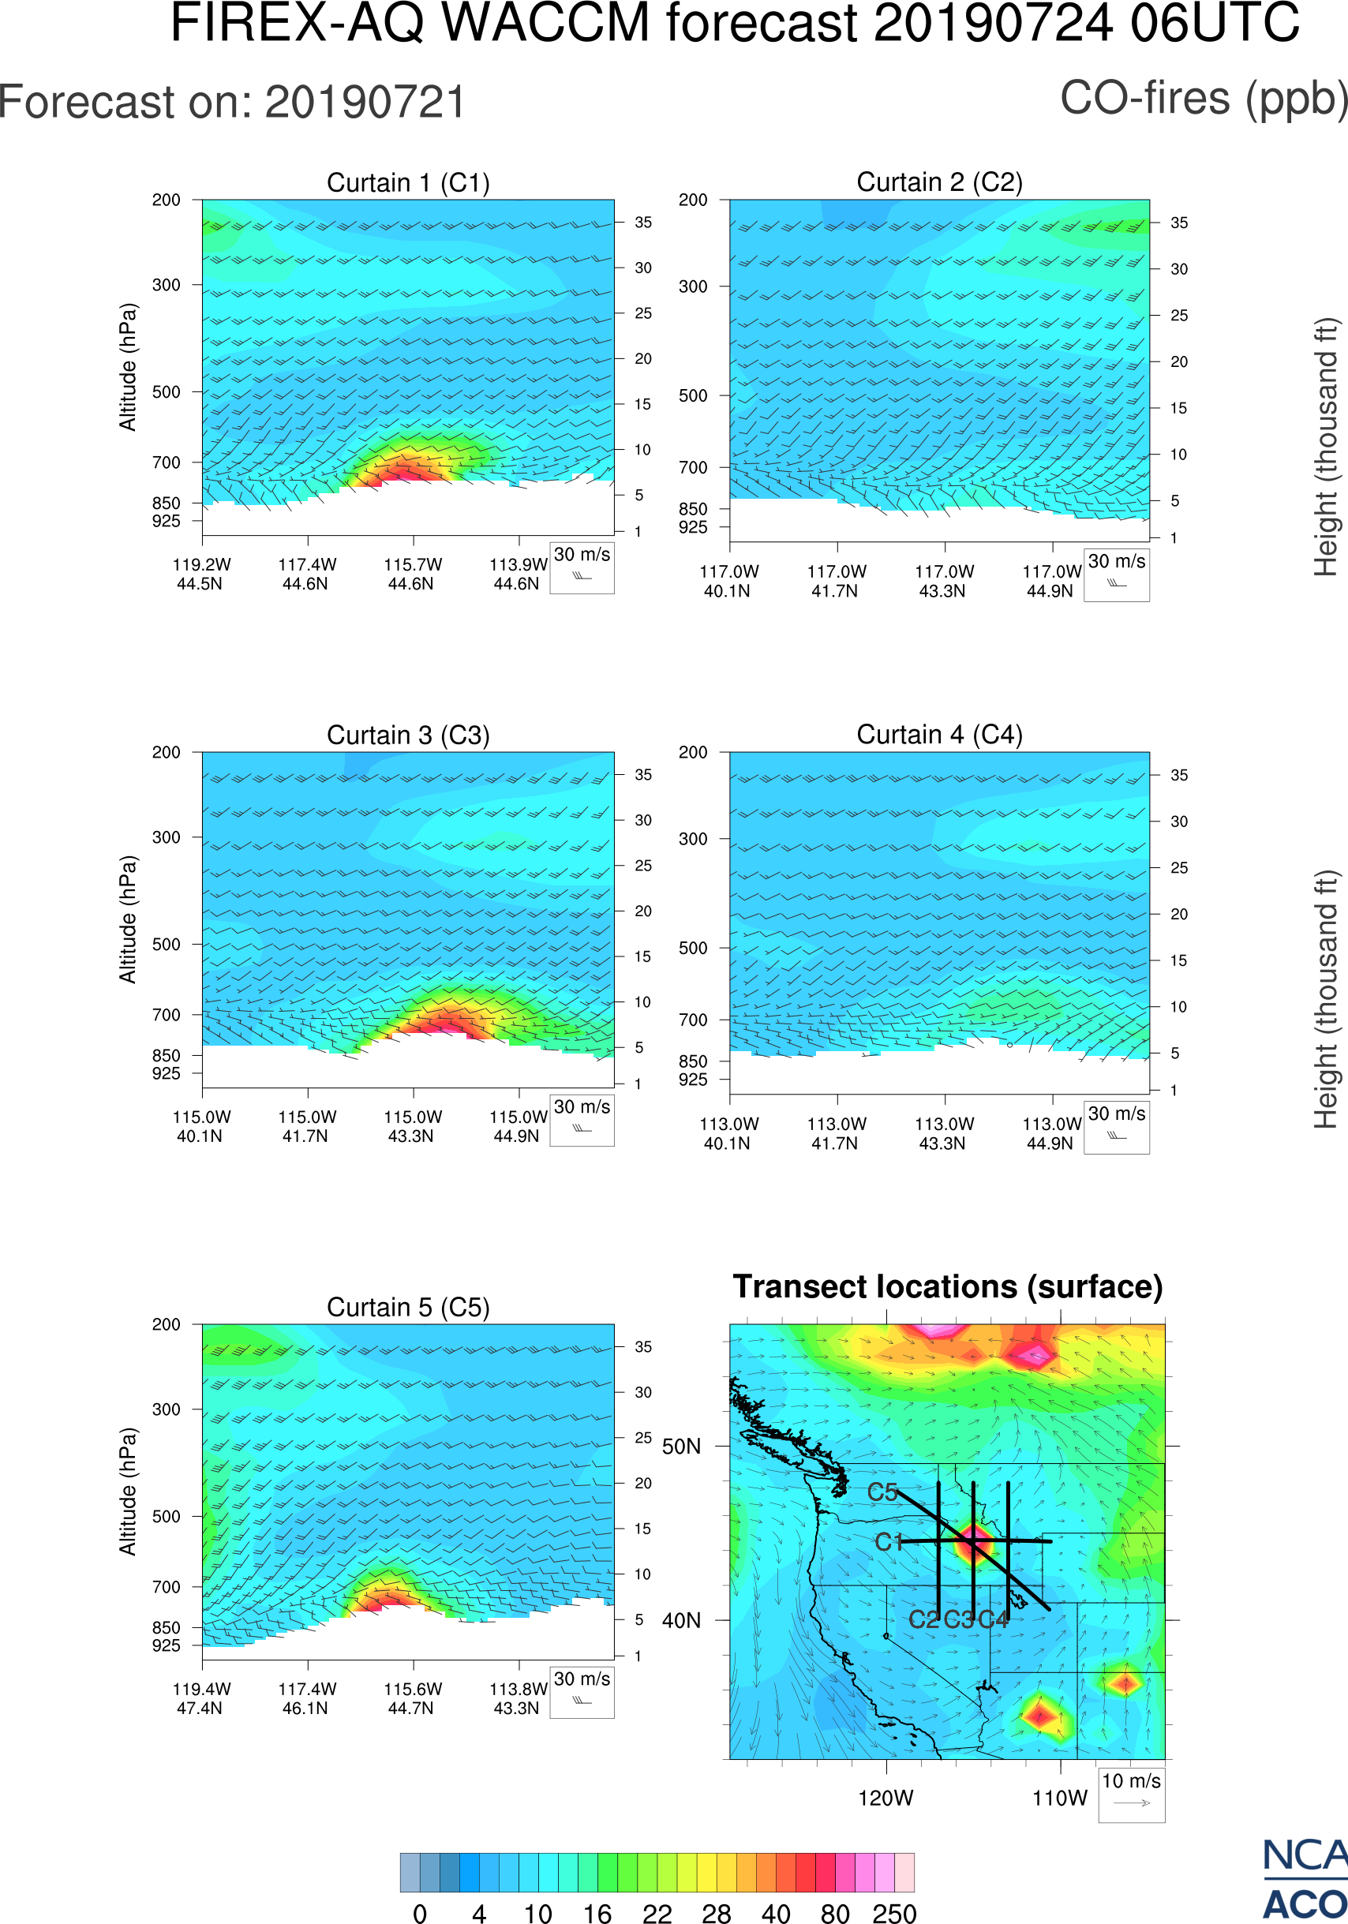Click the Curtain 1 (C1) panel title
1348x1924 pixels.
tap(408, 182)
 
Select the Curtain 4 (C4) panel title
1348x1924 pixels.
tap(939, 735)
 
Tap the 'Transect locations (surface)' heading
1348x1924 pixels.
tap(948, 1286)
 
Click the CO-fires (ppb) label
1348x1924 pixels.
tap(1203, 98)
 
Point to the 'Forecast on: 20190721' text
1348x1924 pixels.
tap(232, 103)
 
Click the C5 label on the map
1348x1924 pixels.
tap(882, 1492)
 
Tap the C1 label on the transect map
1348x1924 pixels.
tap(888, 1542)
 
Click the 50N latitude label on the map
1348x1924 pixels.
tap(681, 1447)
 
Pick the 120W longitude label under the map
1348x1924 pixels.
tap(886, 1799)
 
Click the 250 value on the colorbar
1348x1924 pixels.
tap(894, 1913)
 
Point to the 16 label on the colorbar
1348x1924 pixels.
tap(597, 1913)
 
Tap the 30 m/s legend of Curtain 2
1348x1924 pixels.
tap(1116, 574)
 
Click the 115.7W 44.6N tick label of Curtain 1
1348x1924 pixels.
tap(412, 574)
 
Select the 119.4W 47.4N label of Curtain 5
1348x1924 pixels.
tap(201, 1698)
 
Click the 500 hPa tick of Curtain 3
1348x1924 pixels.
tap(166, 945)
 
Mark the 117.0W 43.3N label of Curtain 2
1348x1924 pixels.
tap(943, 581)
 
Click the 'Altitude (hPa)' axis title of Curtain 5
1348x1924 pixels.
tap(127, 1492)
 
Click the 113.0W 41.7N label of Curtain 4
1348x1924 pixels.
tap(836, 1133)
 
